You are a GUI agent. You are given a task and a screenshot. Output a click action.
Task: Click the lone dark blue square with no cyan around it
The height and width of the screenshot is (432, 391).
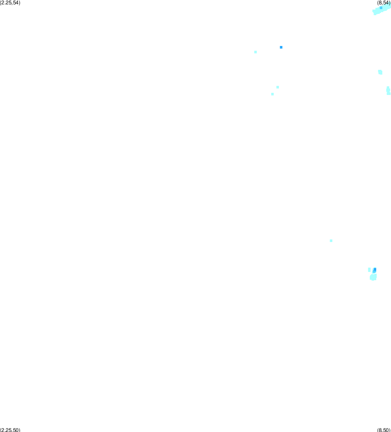click(x=281, y=47)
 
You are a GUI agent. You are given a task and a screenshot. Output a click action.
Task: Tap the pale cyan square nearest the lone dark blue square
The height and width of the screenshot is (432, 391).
click(x=255, y=52)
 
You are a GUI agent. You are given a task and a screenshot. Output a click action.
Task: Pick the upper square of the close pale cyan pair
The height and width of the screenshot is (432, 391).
click(x=278, y=87)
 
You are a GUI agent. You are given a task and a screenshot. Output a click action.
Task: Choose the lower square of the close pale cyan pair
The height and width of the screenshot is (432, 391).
click(x=272, y=94)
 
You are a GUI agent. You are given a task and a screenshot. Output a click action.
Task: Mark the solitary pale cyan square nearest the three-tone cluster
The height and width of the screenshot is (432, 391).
click(x=331, y=241)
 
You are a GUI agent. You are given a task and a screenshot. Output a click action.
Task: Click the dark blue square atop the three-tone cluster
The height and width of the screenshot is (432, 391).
click(x=375, y=269)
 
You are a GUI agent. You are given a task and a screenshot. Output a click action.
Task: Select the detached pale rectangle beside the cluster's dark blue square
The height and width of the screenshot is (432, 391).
click(x=369, y=270)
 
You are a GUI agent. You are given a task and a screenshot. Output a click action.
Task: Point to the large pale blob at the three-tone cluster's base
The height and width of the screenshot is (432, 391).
click(x=373, y=277)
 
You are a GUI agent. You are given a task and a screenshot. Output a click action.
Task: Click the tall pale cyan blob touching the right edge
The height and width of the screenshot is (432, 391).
click(x=388, y=90)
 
